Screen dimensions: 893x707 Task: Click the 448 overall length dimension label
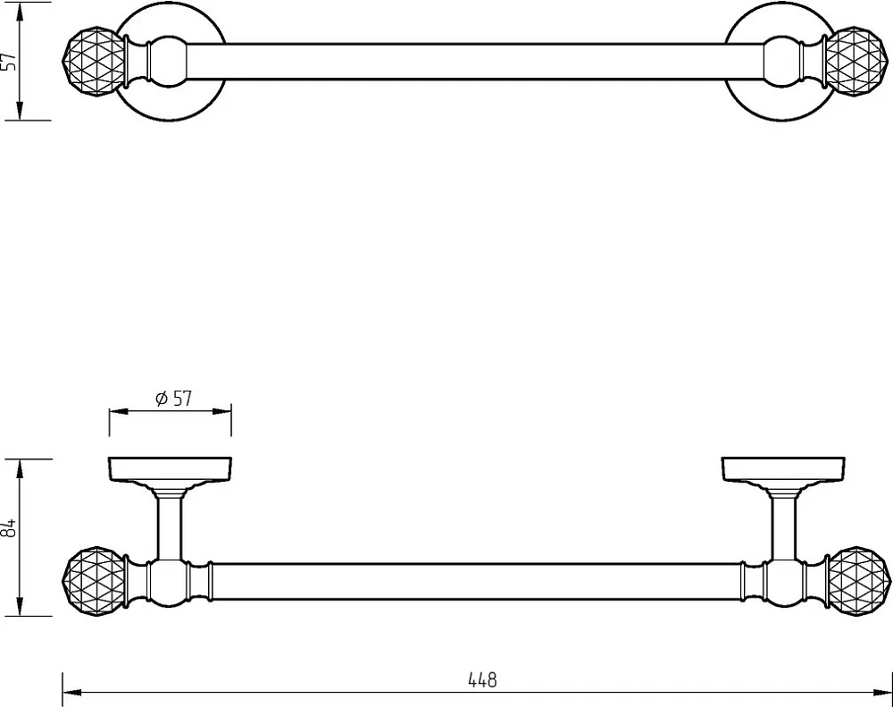(x=482, y=679)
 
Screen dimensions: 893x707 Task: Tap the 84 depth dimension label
(x=9, y=527)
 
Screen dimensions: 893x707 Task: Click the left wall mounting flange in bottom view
(x=170, y=469)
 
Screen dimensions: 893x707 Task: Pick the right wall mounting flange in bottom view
(x=783, y=469)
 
